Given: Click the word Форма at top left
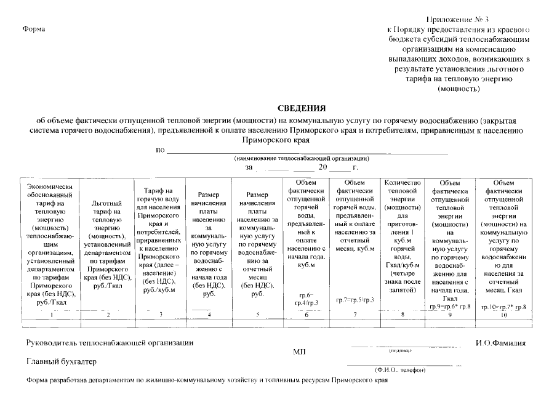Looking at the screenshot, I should point(34,30).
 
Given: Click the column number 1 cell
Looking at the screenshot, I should point(51,315).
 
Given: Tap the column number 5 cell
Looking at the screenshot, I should point(257,315).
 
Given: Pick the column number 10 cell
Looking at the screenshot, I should point(503,315).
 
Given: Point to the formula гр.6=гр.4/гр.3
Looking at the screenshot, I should point(307,299).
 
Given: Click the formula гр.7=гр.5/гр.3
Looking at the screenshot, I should point(355,300).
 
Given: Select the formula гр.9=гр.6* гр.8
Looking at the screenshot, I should point(450,306).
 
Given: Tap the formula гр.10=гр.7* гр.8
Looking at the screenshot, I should point(503,306).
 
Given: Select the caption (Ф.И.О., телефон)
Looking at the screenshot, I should point(399,369).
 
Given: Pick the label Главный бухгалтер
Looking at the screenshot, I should point(61,361).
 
